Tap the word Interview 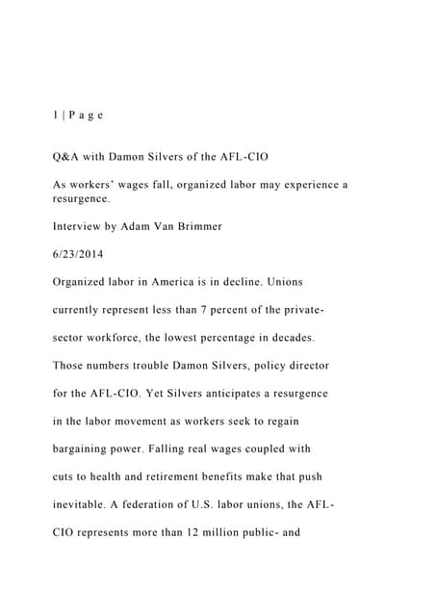click(79, 226)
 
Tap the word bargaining click(88, 449)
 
